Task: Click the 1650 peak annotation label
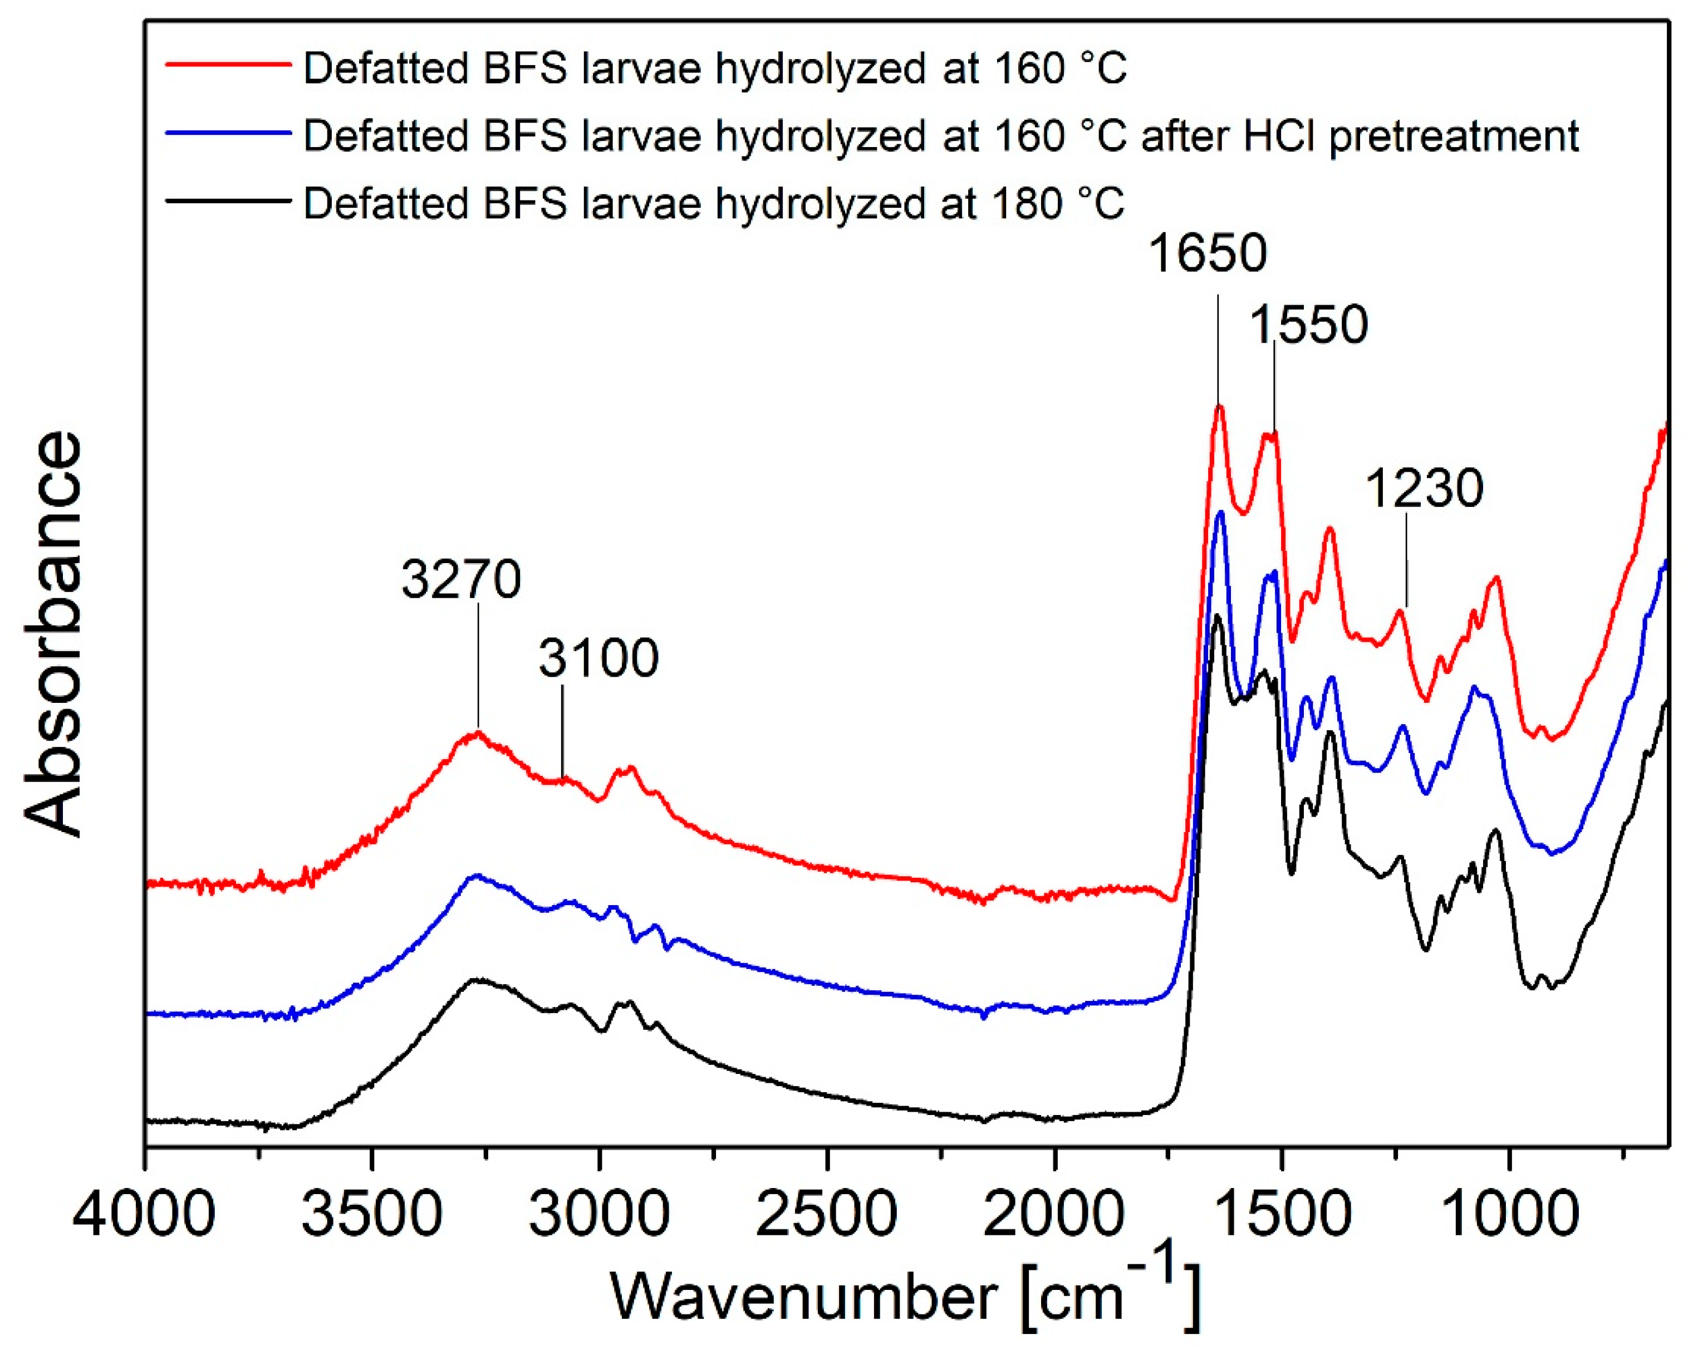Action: (x=1208, y=254)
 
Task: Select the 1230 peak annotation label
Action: (x=1424, y=488)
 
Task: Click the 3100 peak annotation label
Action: (x=598, y=658)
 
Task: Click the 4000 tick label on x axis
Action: (x=144, y=1215)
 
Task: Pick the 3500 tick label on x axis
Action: (x=372, y=1215)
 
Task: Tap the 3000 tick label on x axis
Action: (x=599, y=1215)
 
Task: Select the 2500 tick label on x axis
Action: (x=827, y=1215)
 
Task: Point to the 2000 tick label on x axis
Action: (x=1054, y=1215)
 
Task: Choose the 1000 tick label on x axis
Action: (x=1509, y=1215)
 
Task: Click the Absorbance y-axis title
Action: (x=53, y=634)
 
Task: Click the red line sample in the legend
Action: (x=228, y=67)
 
